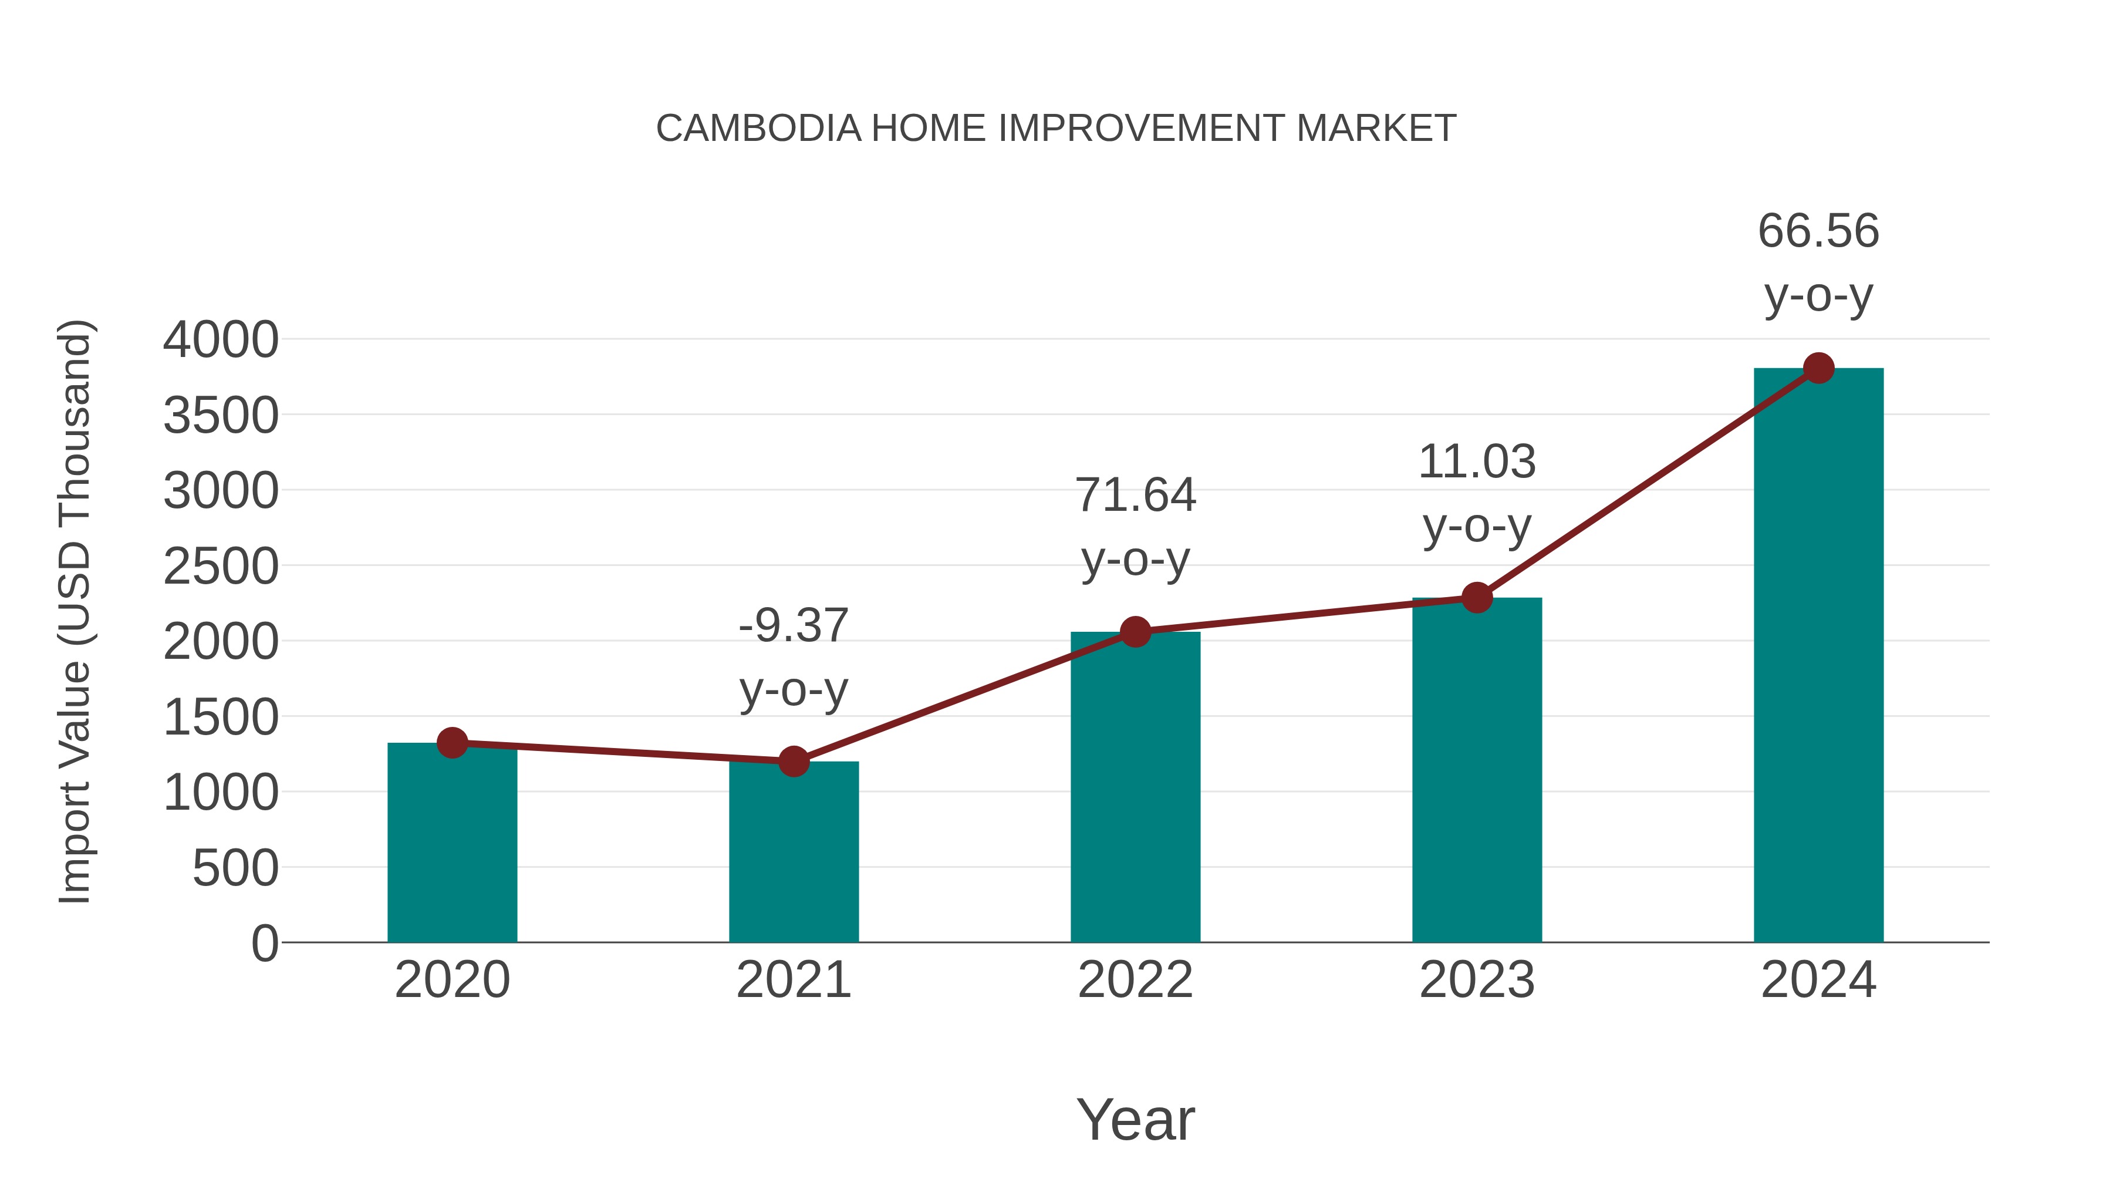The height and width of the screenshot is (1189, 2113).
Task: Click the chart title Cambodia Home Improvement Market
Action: tap(1056, 129)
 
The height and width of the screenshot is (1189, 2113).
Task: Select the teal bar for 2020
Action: tap(452, 845)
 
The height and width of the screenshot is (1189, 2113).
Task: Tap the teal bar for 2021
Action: tap(793, 853)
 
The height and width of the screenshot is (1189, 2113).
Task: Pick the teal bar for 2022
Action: tap(1135, 788)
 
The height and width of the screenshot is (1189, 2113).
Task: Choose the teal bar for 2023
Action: tap(1477, 772)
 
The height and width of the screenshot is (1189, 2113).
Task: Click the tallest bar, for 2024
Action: tap(1818, 656)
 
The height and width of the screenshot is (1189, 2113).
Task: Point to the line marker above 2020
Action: tap(452, 743)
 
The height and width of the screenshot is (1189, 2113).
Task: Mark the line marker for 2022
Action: tap(1135, 632)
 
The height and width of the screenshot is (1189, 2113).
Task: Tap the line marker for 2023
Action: tap(1477, 597)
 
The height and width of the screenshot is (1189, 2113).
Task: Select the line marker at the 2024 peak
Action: tap(1818, 368)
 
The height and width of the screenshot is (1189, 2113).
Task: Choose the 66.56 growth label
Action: tap(1818, 262)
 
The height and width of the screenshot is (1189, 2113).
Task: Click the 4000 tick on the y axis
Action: tap(221, 340)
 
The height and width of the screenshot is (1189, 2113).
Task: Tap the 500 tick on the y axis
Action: tap(235, 868)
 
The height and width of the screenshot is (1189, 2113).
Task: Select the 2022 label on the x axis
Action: tap(1135, 980)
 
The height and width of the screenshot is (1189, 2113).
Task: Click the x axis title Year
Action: tap(1135, 1119)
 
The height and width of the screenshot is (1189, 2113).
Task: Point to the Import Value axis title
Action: tap(75, 611)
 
